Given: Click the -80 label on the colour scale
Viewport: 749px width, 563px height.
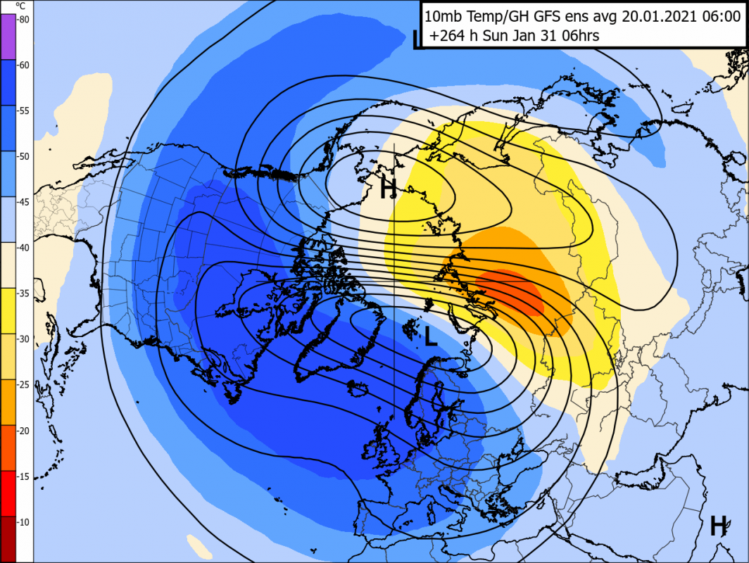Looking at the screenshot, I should pyautogui.click(x=23, y=20).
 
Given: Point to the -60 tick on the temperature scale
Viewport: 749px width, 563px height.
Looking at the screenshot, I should pyautogui.click(x=23, y=65).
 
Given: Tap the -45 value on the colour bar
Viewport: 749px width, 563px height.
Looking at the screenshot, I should pyautogui.click(x=23, y=203).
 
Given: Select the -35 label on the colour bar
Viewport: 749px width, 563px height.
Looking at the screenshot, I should pyautogui.click(x=23, y=294).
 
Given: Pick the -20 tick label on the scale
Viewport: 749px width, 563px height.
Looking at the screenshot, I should pyautogui.click(x=23, y=431).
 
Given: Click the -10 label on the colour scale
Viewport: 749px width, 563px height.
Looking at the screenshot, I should pyautogui.click(x=23, y=523).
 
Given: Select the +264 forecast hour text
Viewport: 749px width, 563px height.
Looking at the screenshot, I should pyautogui.click(x=449, y=36).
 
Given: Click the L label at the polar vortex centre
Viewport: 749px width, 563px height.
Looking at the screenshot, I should pyautogui.click(x=431, y=339).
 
